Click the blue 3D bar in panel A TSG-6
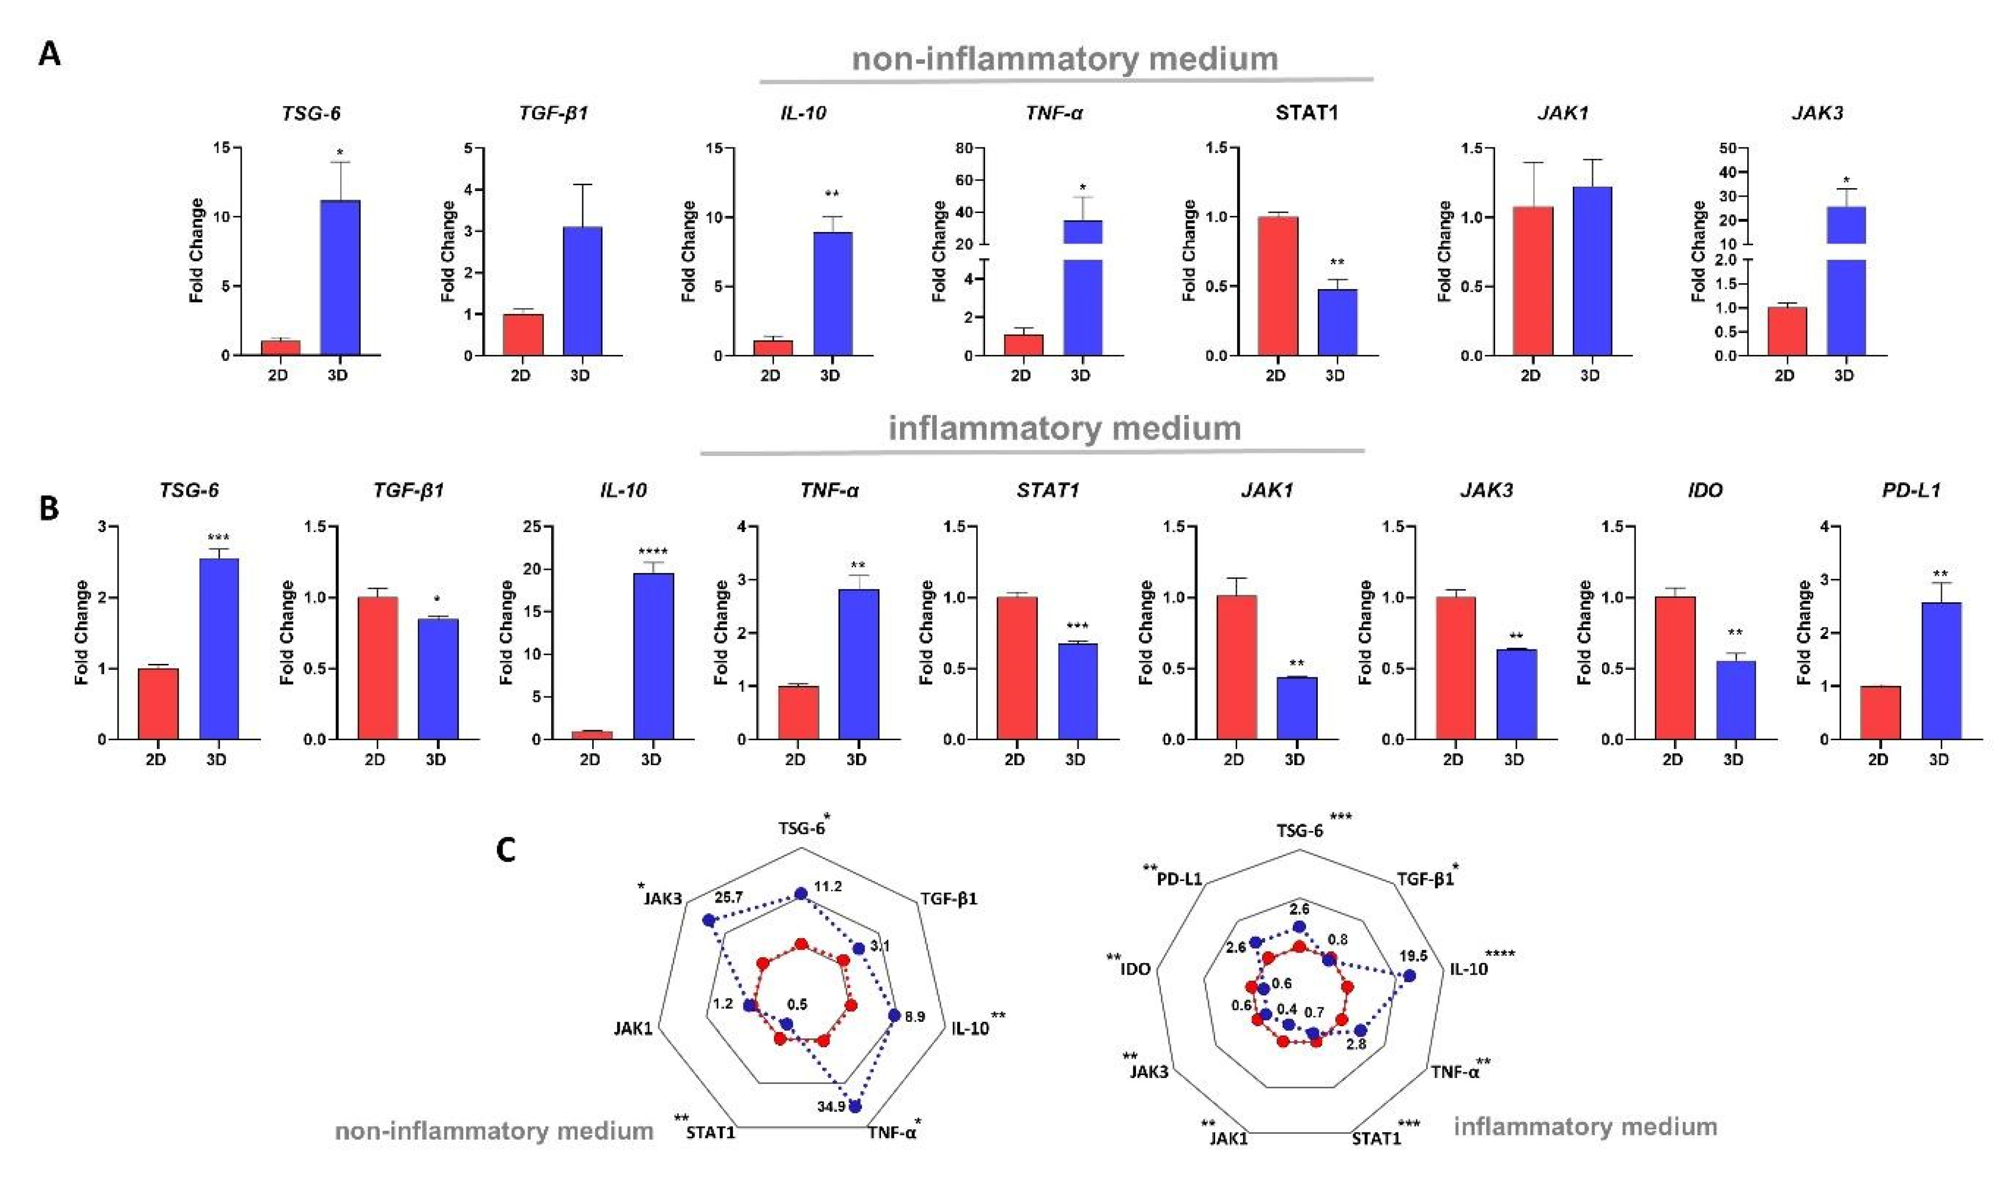point(340,277)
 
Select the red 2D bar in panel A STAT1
point(1278,286)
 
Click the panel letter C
point(505,850)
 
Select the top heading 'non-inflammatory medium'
point(1065,59)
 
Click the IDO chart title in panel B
point(1704,490)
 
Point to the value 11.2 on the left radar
point(828,886)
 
